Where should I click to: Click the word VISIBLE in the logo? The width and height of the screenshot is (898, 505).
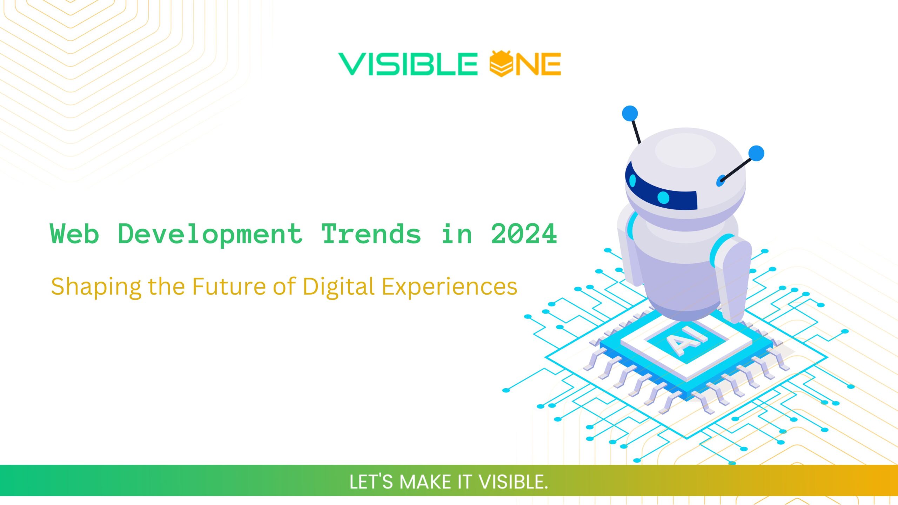[x=408, y=64]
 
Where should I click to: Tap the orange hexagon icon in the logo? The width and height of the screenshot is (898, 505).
[x=502, y=64]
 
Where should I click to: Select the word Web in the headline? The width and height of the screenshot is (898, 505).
[x=74, y=234]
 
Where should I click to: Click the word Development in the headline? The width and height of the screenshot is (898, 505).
[x=210, y=234]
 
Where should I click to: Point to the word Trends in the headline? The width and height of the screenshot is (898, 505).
[x=371, y=234]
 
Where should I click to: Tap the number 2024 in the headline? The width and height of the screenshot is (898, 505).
[x=524, y=234]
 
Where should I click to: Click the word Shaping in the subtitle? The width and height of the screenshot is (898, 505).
[x=96, y=287]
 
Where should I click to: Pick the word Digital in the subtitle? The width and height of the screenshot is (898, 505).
[x=339, y=287]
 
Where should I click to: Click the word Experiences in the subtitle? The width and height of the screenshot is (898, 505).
[x=449, y=287]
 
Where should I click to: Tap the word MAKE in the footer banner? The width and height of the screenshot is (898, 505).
[x=425, y=482]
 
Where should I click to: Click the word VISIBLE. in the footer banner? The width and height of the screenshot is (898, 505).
[x=513, y=482]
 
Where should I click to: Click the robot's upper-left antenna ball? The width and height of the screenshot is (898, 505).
[x=630, y=114]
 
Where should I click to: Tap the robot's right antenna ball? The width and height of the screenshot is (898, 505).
[x=756, y=154]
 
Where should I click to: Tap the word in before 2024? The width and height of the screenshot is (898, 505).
[x=456, y=234]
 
